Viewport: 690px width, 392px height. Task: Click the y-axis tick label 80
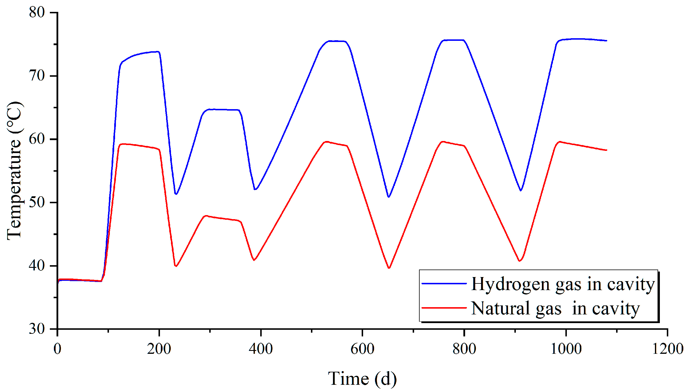tap(37, 12)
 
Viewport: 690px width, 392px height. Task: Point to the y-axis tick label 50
tap(37, 202)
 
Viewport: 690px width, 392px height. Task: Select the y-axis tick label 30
tap(37, 329)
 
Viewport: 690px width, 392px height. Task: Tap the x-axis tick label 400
tap(261, 349)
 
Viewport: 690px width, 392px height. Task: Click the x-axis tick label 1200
tap(667, 349)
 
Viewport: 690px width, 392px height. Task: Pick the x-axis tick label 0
tap(57, 349)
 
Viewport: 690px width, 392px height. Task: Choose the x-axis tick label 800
tap(464, 349)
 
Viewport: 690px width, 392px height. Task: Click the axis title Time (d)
tap(362, 379)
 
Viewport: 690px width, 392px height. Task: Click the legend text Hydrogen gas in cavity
tap(563, 284)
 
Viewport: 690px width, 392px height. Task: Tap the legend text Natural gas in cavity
tap(555, 308)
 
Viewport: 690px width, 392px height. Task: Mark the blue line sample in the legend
tap(444, 283)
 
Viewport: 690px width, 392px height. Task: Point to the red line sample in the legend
tap(444, 308)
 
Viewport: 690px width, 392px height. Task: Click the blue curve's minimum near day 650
tap(389, 197)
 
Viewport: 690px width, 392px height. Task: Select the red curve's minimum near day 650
tap(389, 268)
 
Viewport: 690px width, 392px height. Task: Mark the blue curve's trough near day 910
tap(521, 190)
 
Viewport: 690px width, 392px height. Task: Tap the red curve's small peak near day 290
tap(206, 216)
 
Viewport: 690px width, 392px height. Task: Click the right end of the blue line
tap(607, 41)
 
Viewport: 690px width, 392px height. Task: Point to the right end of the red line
tap(607, 150)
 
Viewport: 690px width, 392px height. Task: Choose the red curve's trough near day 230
tap(176, 266)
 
